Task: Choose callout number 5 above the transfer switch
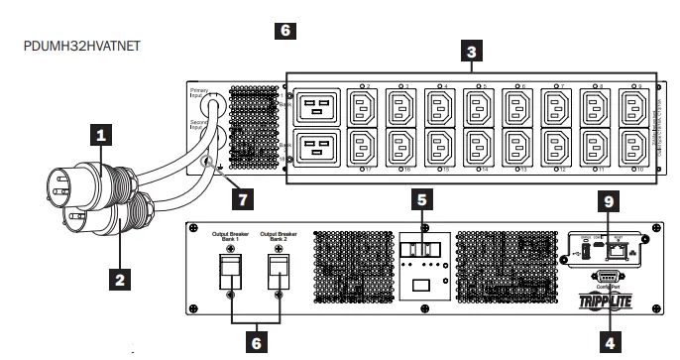(423, 198)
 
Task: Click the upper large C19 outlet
(316, 107)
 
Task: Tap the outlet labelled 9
(631, 106)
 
